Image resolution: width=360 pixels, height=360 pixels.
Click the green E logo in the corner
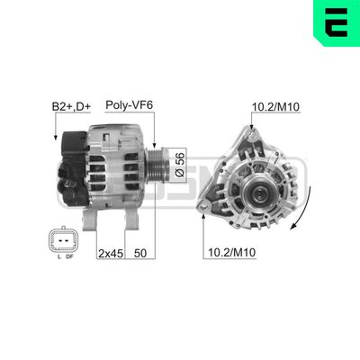point(337,22)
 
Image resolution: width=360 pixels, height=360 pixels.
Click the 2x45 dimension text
point(111,253)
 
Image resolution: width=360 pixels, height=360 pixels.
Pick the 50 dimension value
point(140,253)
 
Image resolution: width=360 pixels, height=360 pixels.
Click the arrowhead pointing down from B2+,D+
point(58,139)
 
